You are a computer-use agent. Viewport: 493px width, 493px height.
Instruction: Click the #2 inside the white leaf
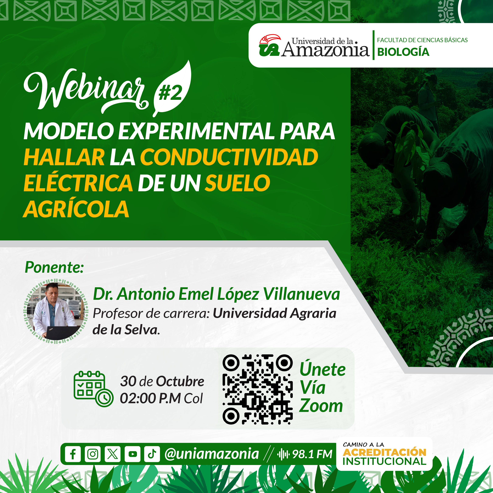(170, 93)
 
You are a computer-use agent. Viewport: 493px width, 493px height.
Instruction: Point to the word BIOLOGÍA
(403, 52)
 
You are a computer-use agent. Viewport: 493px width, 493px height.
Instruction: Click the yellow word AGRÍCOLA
(76, 209)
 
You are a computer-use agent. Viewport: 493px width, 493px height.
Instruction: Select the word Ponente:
(54, 267)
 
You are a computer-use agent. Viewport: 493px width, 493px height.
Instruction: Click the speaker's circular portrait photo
(56, 311)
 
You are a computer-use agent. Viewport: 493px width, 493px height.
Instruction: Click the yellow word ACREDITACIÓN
(385, 452)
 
